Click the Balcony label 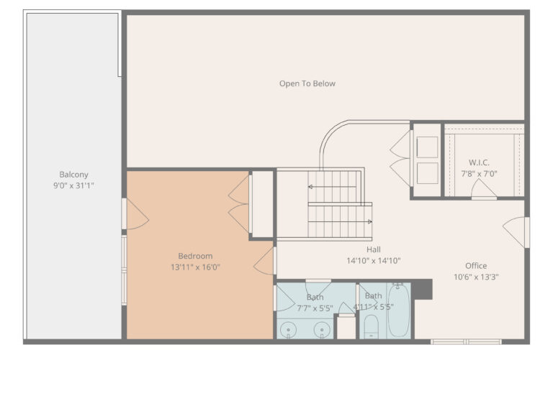click(x=73, y=175)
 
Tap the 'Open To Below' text click(x=307, y=84)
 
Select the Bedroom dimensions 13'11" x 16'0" click(x=195, y=267)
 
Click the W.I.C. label click(x=479, y=163)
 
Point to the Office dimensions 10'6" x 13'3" click(x=476, y=277)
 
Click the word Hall click(x=373, y=250)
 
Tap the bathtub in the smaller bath click(x=398, y=312)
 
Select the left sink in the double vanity click(x=289, y=330)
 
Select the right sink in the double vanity click(x=323, y=330)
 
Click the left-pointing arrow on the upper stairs click(x=311, y=187)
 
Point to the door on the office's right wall click(x=516, y=231)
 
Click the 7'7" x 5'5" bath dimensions click(x=315, y=308)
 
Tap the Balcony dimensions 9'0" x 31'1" click(x=73, y=185)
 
